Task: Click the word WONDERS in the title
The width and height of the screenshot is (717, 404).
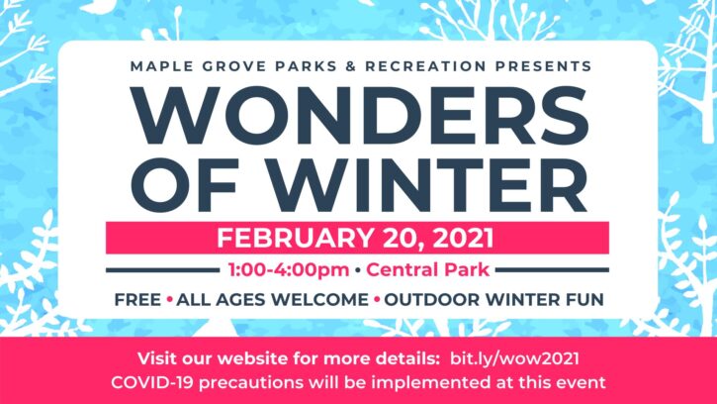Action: (x=360, y=116)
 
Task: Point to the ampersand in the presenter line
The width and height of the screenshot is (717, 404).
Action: (x=351, y=66)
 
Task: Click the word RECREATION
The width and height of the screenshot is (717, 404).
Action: (x=425, y=66)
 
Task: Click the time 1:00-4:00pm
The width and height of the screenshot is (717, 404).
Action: (x=289, y=269)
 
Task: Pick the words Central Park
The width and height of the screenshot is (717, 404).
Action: (x=427, y=269)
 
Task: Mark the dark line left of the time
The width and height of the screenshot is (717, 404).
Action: (x=163, y=270)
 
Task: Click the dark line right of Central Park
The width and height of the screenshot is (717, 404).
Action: (x=552, y=270)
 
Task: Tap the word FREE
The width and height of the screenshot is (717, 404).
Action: (x=137, y=300)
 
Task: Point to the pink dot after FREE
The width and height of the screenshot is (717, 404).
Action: (x=170, y=300)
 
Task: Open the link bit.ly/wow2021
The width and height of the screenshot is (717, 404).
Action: (x=514, y=358)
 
